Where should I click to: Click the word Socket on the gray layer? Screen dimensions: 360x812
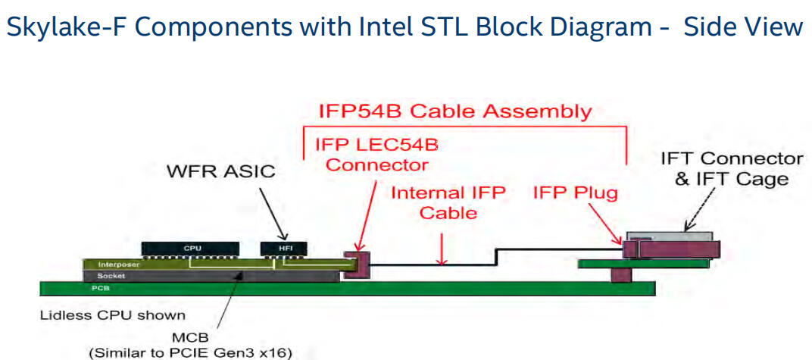(x=111, y=276)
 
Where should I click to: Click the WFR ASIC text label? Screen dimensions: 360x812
(x=221, y=172)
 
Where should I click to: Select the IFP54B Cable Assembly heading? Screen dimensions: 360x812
(x=454, y=111)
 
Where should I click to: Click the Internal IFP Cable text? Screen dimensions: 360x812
(x=448, y=202)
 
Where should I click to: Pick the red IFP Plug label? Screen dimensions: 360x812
(x=575, y=193)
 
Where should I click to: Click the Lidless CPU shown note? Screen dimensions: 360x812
(x=112, y=315)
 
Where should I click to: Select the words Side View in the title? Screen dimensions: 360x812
(x=742, y=27)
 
